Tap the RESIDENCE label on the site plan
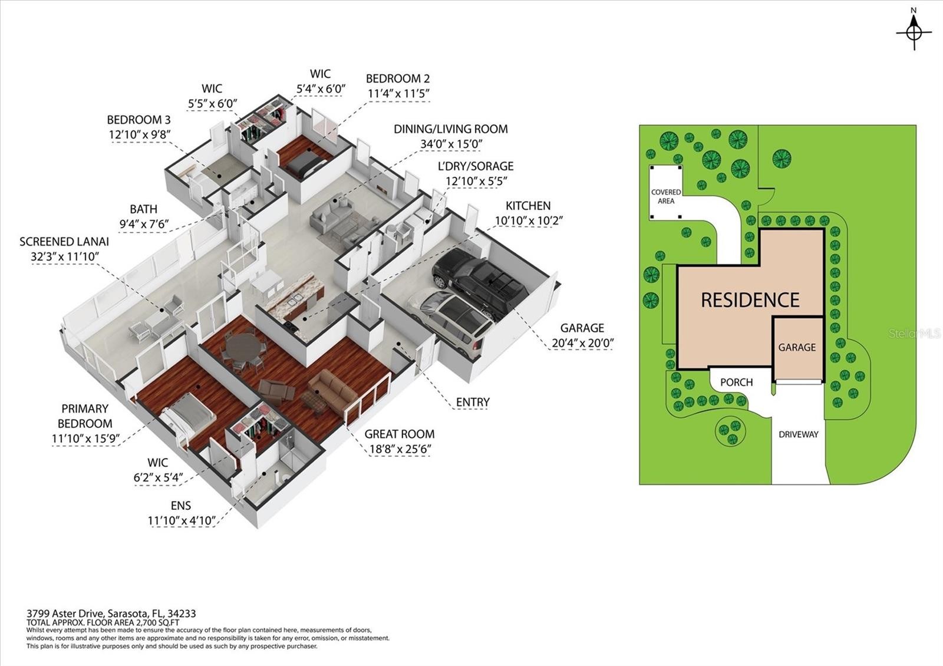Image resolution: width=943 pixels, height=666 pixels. (x=750, y=300)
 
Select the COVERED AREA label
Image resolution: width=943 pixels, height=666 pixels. (x=666, y=197)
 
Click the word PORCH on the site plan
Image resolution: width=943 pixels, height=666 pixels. (x=736, y=383)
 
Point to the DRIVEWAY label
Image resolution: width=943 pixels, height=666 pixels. (x=798, y=434)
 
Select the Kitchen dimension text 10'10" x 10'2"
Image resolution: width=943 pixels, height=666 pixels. (x=528, y=220)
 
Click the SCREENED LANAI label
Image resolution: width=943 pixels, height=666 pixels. (x=64, y=242)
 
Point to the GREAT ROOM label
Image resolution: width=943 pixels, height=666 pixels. (x=400, y=434)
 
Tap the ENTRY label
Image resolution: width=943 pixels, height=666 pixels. (x=473, y=403)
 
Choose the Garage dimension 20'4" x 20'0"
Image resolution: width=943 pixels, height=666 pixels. (x=583, y=344)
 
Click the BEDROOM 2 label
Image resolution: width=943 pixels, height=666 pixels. (x=398, y=79)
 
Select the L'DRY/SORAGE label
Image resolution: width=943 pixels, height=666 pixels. (x=476, y=166)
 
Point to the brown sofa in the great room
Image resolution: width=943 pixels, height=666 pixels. (x=333, y=391)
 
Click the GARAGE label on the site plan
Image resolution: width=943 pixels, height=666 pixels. (x=797, y=347)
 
